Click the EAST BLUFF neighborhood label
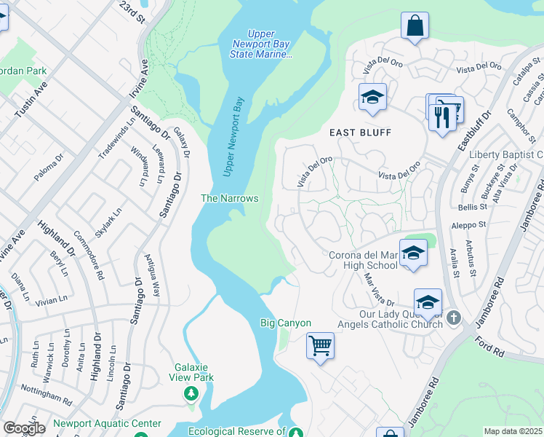360,133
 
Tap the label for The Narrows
229,198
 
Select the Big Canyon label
286,323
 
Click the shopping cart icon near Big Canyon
320,345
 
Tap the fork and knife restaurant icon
442,117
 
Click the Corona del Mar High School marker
413,254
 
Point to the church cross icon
453,318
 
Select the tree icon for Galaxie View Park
191,394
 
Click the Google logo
24,428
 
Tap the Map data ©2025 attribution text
513,431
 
